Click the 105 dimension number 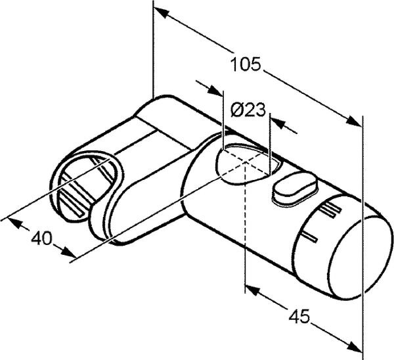point(246,64)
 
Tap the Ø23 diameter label point(248,110)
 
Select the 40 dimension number point(41,238)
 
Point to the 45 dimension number point(299,317)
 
